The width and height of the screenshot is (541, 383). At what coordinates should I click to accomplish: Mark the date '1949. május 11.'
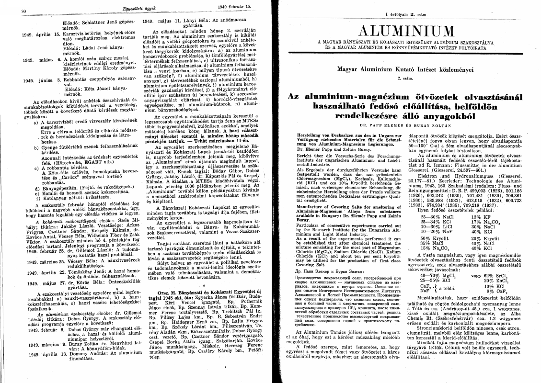(162, 21)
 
